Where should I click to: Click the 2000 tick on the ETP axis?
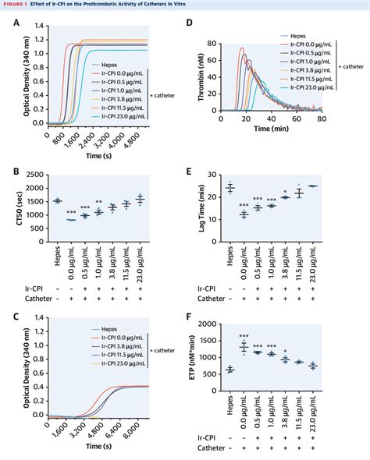click(x=224, y=322)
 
